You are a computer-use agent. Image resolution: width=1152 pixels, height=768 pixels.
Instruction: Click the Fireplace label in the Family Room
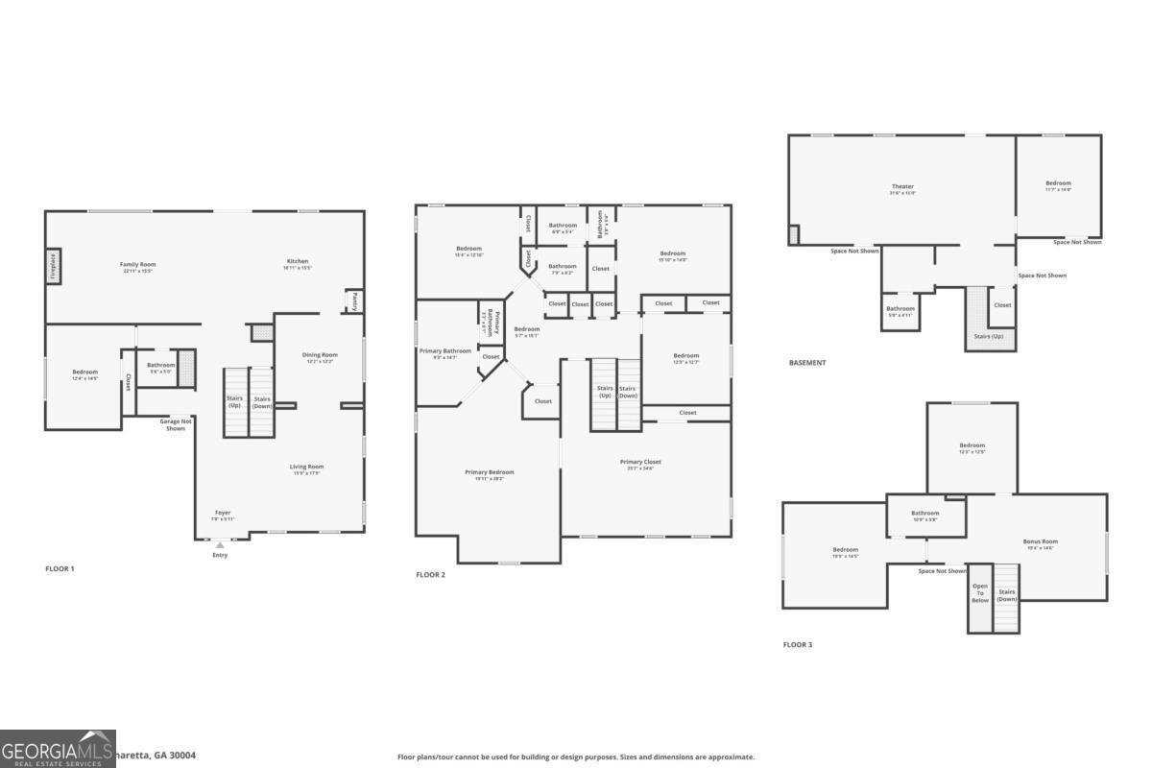54,267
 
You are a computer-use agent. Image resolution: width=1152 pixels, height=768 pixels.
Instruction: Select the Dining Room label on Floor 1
321,355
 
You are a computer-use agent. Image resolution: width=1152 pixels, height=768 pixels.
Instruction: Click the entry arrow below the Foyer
220,545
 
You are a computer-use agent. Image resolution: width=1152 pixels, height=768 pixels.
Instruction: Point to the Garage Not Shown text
176,424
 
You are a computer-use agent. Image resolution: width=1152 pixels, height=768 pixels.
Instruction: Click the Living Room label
307,468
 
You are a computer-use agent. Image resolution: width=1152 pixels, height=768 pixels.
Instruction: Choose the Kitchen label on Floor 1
298,261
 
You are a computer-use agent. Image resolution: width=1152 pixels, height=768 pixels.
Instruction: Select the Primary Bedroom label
490,472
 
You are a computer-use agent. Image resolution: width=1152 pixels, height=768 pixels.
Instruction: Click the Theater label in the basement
902,186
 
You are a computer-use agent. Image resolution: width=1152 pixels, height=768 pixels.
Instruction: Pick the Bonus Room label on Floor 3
1040,541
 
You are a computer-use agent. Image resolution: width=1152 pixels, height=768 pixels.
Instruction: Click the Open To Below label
980,592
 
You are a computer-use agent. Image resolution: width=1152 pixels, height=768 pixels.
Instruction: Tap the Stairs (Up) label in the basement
990,336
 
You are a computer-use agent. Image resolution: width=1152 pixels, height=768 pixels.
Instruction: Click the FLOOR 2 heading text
430,575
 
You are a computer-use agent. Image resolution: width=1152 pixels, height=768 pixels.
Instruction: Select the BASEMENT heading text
807,363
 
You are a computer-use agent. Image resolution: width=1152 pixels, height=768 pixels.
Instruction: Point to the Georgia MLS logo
58,749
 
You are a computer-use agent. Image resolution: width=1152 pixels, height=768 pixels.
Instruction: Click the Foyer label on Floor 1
223,513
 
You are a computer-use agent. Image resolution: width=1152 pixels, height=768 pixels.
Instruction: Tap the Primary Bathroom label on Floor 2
445,351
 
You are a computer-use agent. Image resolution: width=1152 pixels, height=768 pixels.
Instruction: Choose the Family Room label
138,264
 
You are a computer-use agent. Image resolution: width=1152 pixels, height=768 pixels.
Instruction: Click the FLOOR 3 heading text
797,645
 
